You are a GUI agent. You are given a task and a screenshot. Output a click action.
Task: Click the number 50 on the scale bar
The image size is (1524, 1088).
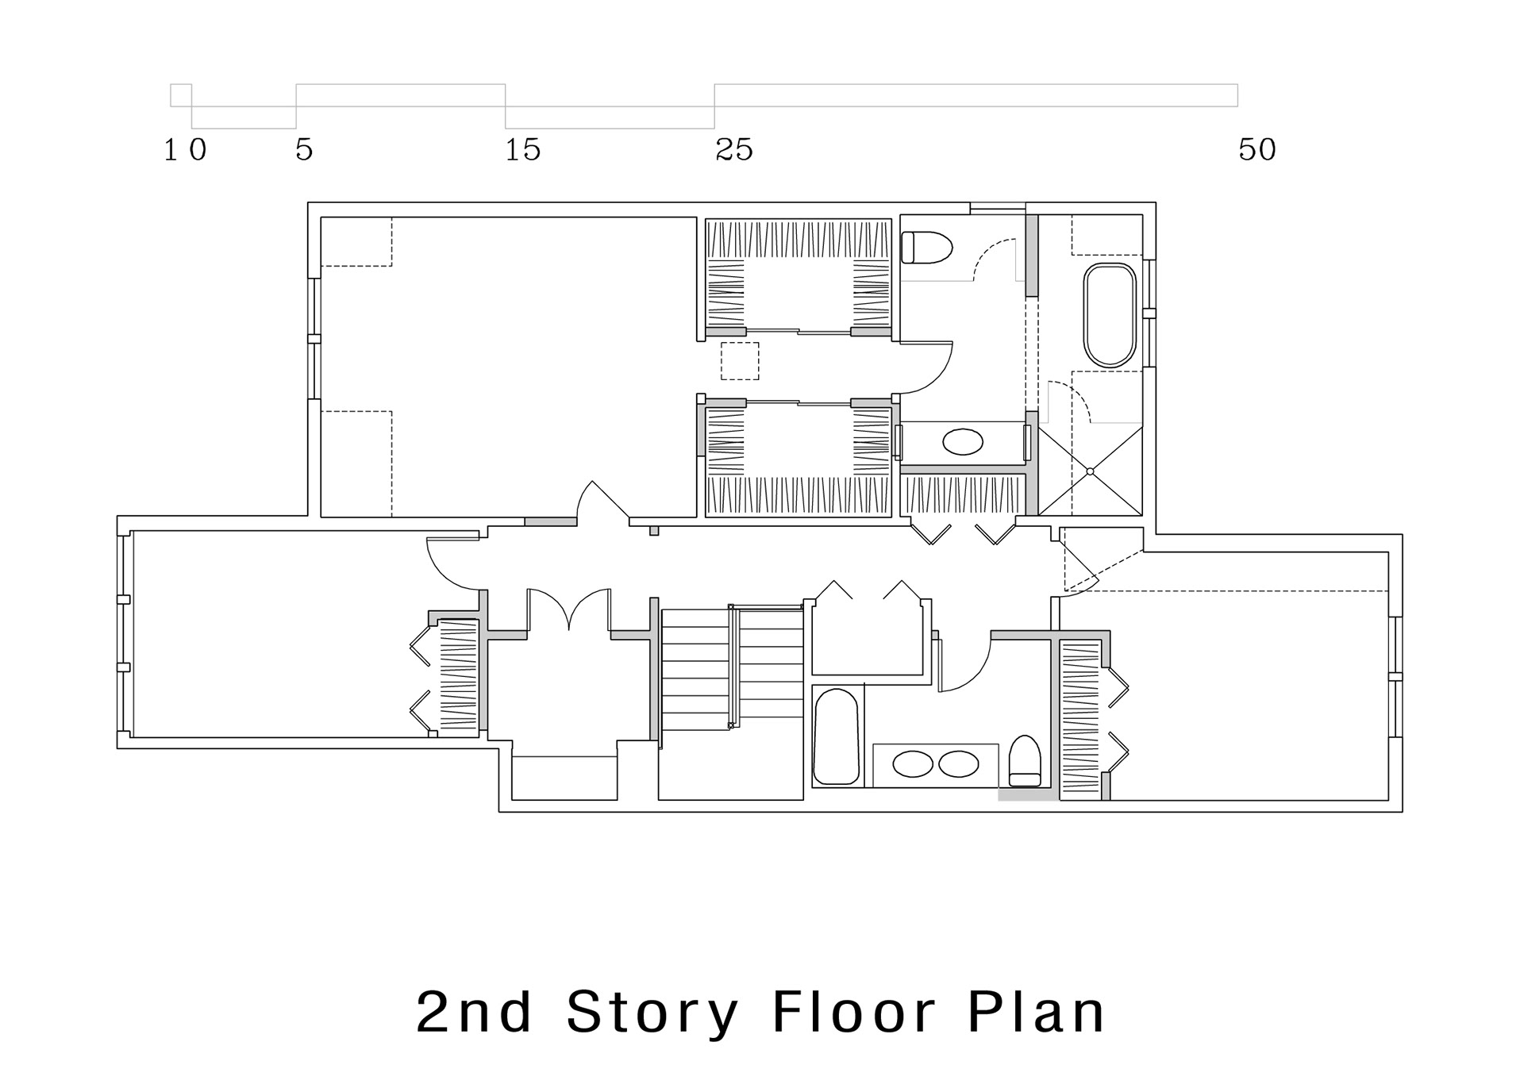point(1257,149)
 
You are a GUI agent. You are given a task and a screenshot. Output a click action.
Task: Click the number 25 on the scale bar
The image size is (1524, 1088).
point(734,149)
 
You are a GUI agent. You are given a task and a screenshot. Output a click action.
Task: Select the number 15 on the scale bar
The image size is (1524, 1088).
point(523,149)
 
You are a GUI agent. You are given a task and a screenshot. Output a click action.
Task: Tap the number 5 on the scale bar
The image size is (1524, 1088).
point(305,149)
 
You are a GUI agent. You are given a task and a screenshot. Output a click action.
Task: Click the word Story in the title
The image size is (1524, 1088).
point(652,1013)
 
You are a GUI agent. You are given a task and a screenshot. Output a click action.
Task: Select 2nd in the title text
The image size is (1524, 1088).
point(474,1012)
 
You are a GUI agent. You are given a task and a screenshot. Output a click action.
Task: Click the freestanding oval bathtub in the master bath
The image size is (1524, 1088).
point(1110,315)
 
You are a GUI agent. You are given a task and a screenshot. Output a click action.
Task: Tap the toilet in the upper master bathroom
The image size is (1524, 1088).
point(926,247)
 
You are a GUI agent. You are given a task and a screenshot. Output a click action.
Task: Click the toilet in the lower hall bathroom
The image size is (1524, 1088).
point(1025,761)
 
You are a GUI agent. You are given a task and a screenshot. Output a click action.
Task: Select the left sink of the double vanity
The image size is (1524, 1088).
point(913,764)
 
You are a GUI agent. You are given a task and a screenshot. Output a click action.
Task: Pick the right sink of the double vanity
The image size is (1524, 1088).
point(959,764)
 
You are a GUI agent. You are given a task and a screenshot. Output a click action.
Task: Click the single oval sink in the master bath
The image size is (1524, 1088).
point(962,442)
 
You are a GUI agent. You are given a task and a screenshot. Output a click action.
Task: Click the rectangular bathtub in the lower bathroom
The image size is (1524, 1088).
point(836,737)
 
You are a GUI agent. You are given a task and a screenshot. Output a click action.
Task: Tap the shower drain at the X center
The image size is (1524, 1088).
point(1090,471)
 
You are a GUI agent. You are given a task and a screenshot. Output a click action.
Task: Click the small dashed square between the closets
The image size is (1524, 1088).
point(740,361)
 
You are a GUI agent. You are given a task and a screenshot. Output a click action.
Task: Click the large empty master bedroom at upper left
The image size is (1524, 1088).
point(509,367)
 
